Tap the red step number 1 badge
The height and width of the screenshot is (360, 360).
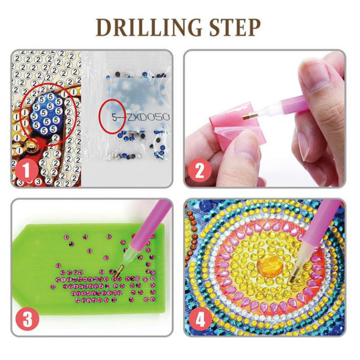tap(27, 171)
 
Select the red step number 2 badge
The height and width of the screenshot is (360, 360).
tap(199, 171)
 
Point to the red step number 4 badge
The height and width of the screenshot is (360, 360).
tap(200, 319)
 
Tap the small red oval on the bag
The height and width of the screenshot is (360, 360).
tap(112, 117)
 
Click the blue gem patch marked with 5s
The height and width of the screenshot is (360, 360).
tap(47, 114)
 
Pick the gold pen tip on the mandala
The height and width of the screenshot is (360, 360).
tap(293, 278)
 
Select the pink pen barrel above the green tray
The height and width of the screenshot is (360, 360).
tap(149, 225)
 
